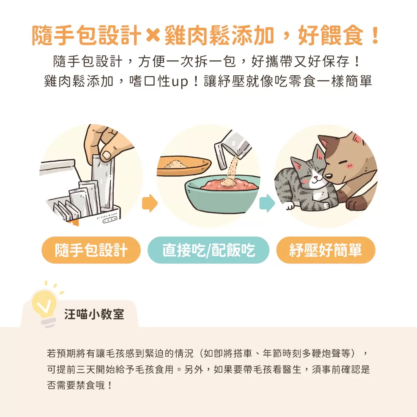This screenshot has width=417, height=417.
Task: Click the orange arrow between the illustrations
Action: (x=149, y=203)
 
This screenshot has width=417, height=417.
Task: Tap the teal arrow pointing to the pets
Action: (x=267, y=203)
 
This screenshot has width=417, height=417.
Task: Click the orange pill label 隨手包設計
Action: (x=91, y=250)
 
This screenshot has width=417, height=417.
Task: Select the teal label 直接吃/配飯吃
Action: (x=208, y=250)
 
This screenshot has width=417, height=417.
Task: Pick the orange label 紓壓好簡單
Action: (x=326, y=250)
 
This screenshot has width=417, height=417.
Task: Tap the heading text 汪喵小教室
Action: (x=94, y=314)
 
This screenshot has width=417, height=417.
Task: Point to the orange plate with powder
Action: (x=184, y=165)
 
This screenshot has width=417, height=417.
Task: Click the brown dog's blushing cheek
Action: (x=349, y=165)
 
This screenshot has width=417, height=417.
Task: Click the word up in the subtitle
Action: (x=179, y=81)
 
